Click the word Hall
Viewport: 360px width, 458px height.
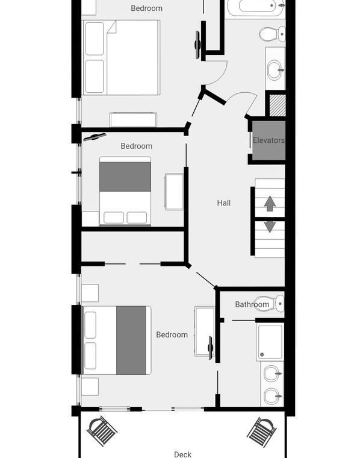pos(224,202)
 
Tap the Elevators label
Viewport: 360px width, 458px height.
pos(268,140)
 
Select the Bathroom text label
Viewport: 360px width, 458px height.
pos(252,304)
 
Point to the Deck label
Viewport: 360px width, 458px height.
pos(182,454)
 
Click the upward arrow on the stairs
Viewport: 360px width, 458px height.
pos(270,204)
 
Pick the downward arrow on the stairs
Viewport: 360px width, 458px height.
pos(270,227)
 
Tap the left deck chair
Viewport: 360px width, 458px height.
pos(102,431)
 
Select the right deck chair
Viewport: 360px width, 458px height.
pos(262,432)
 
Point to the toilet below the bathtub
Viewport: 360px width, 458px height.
pos(272,34)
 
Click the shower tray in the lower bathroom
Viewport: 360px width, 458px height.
pos(270,342)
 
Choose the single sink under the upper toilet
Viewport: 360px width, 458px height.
pos(275,70)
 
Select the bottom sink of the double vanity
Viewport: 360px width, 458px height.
pos(273,397)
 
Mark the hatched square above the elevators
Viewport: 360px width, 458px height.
pos(277,105)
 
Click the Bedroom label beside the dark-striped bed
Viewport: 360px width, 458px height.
pos(172,334)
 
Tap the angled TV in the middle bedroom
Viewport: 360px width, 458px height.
pos(95,137)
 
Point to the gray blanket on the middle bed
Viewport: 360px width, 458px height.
pos(125,177)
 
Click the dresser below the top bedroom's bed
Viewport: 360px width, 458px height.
pos(133,120)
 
